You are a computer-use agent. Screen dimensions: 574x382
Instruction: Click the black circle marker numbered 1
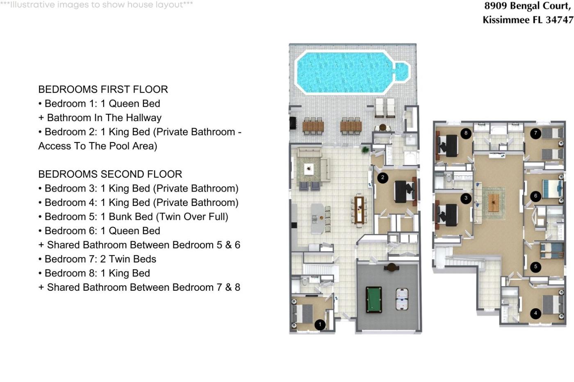click(x=320, y=325)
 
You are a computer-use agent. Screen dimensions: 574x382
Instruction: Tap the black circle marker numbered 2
click(x=383, y=177)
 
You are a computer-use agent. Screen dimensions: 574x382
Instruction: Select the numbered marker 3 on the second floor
click(x=466, y=198)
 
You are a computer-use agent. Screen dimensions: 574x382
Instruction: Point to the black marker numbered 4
click(x=535, y=313)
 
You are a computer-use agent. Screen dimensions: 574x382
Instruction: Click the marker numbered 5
click(x=535, y=267)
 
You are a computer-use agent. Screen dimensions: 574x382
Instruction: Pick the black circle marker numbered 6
click(x=535, y=196)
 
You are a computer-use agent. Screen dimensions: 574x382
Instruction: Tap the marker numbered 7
click(x=535, y=133)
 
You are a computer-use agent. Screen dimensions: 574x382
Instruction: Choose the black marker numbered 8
click(x=466, y=133)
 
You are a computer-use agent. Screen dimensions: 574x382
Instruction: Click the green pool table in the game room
click(x=374, y=300)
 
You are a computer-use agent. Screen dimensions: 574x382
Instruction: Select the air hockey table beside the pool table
click(x=402, y=299)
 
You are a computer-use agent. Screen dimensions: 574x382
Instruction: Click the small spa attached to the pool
click(x=401, y=72)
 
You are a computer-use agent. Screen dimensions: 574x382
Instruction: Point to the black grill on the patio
click(x=293, y=123)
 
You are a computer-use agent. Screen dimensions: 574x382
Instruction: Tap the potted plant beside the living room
click(x=365, y=149)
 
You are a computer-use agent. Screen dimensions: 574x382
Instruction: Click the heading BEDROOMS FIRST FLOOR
click(x=103, y=89)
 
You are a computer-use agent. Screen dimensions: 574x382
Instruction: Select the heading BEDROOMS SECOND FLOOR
click(x=110, y=174)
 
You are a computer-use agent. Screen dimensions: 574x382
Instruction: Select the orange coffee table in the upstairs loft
click(x=494, y=203)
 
